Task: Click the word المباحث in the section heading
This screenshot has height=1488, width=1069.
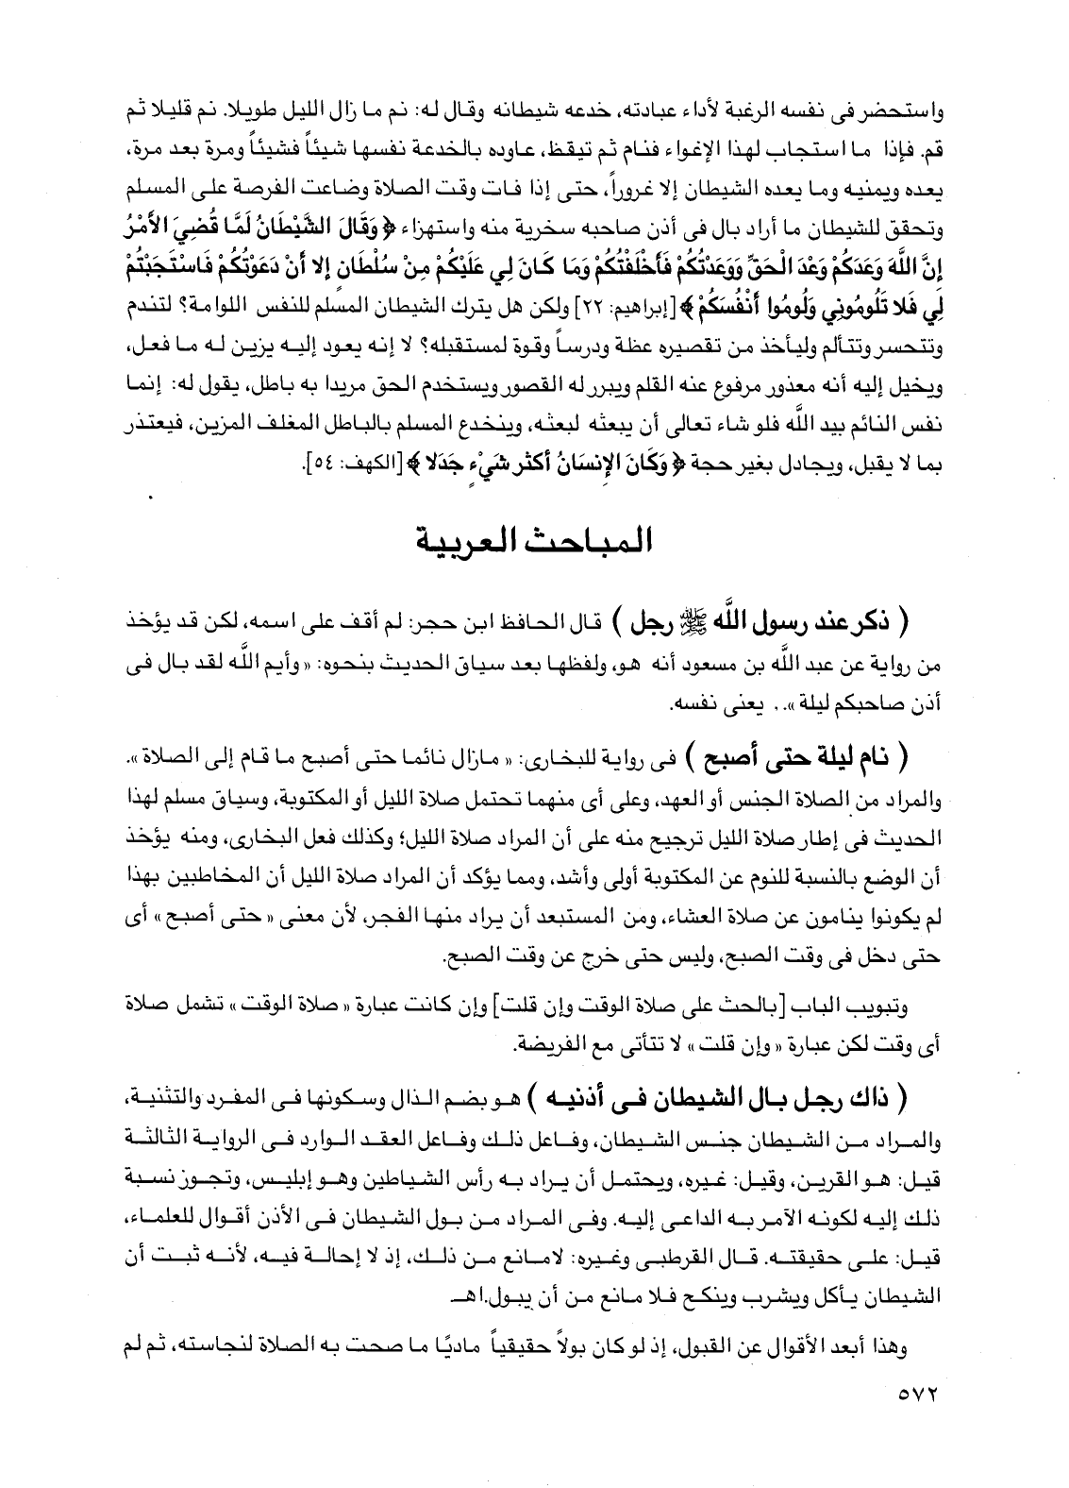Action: tap(590, 545)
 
